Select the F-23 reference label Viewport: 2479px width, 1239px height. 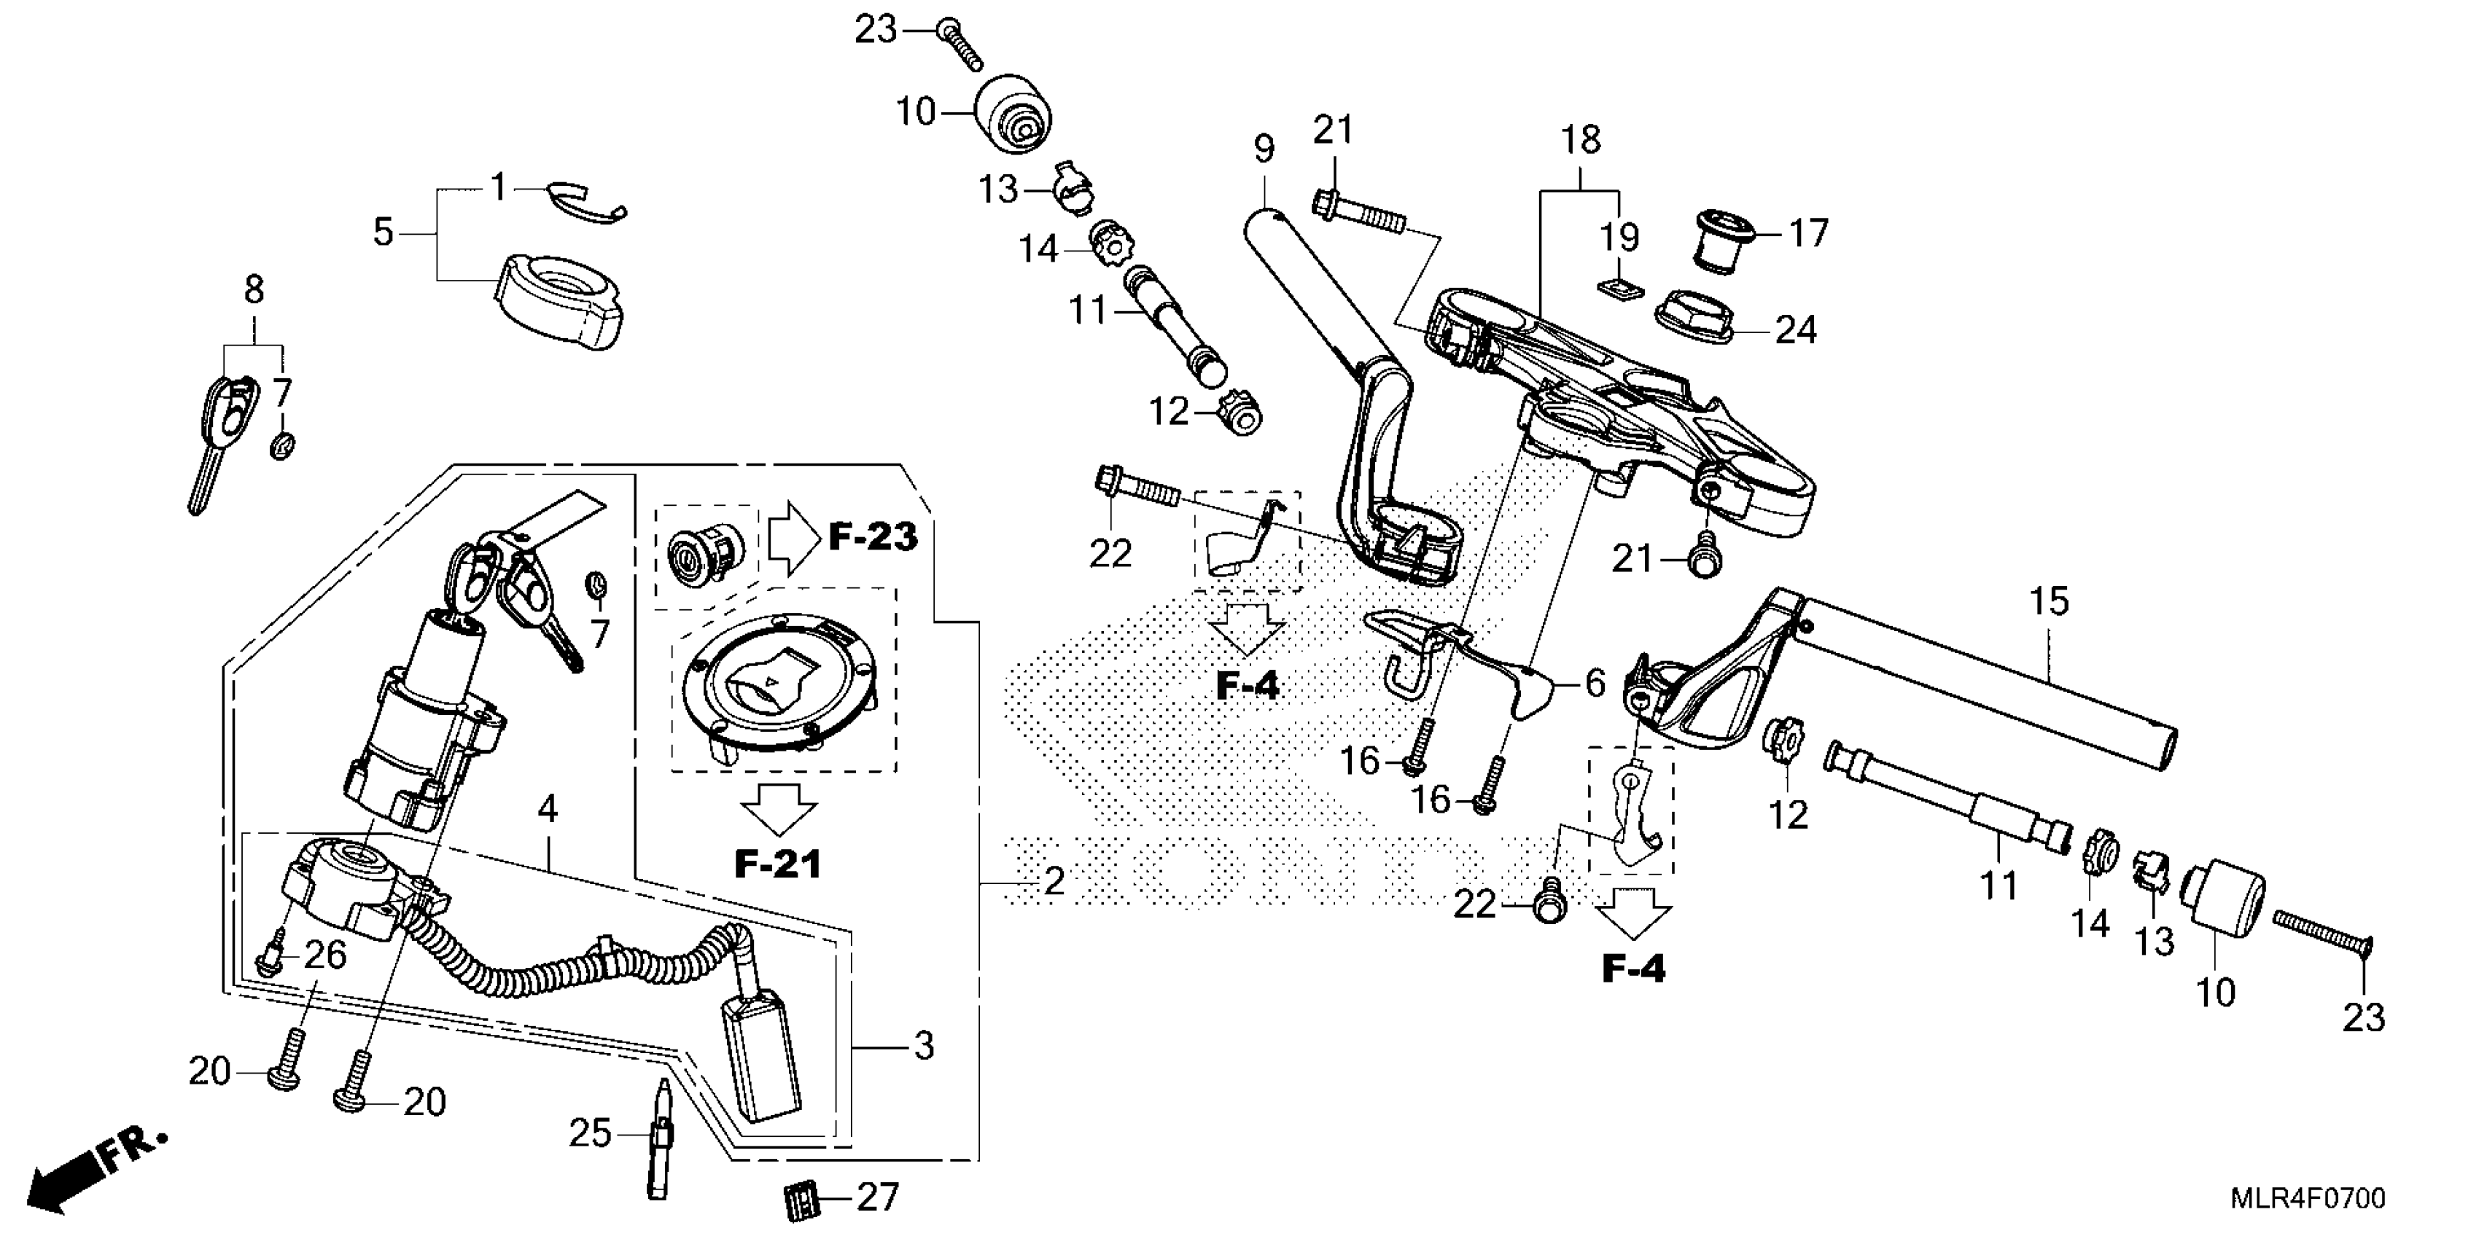[x=873, y=536]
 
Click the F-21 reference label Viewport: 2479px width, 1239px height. [x=777, y=864]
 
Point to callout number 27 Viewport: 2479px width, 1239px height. [x=876, y=1197]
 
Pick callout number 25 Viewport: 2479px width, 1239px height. [x=590, y=1133]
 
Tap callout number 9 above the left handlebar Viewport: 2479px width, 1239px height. [x=1264, y=149]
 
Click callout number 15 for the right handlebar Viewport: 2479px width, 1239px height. [x=2049, y=602]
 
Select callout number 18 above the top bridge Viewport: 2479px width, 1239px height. [x=1580, y=141]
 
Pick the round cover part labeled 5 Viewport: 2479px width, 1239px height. [x=559, y=300]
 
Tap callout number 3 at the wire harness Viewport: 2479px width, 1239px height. [x=924, y=1046]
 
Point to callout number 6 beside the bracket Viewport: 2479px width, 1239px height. [x=1595, y=683]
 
